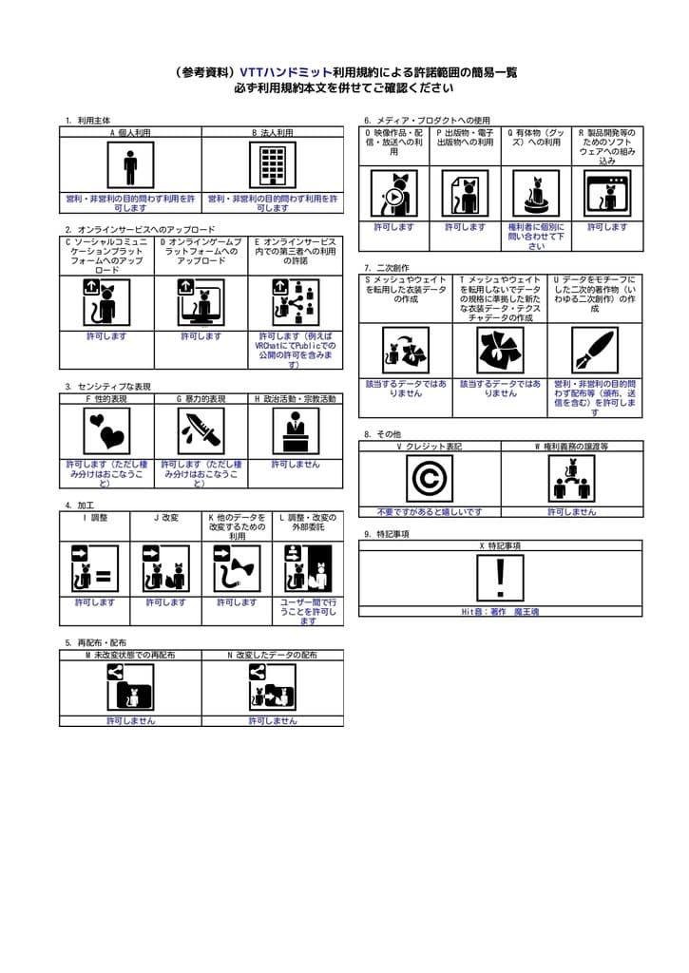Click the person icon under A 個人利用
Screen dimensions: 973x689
(130, 165)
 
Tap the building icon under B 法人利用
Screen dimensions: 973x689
(273, 165)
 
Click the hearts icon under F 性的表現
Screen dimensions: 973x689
(106, 431)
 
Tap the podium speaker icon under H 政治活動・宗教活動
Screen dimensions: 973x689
(295, 431)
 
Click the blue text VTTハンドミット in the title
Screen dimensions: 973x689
(286, 72)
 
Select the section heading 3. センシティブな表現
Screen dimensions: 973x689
(108, 387)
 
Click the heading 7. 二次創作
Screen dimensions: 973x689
(389, 269)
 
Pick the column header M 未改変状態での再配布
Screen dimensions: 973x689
(129, 655)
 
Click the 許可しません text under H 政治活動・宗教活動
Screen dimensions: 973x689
(295, 465)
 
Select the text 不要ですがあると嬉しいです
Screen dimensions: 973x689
(429, 511)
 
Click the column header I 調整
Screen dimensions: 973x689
(94, 518)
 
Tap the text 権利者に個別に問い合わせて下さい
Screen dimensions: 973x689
(536, 237)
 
